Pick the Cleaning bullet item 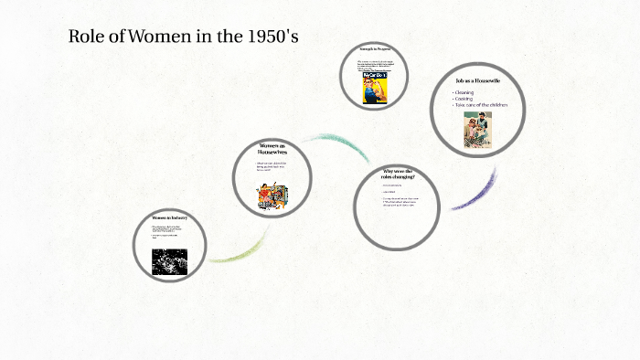pyautogui.click(x=464, y=92)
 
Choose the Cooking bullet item pyautogui.click(x=464, y=99)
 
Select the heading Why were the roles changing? pyautogui.click(x=398, y=175)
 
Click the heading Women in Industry pyautogui.click(x=168, y=218)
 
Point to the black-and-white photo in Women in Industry pyautogui.click(x=169, y=261)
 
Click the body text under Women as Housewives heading pyautogui.click(x=271, y=167)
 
